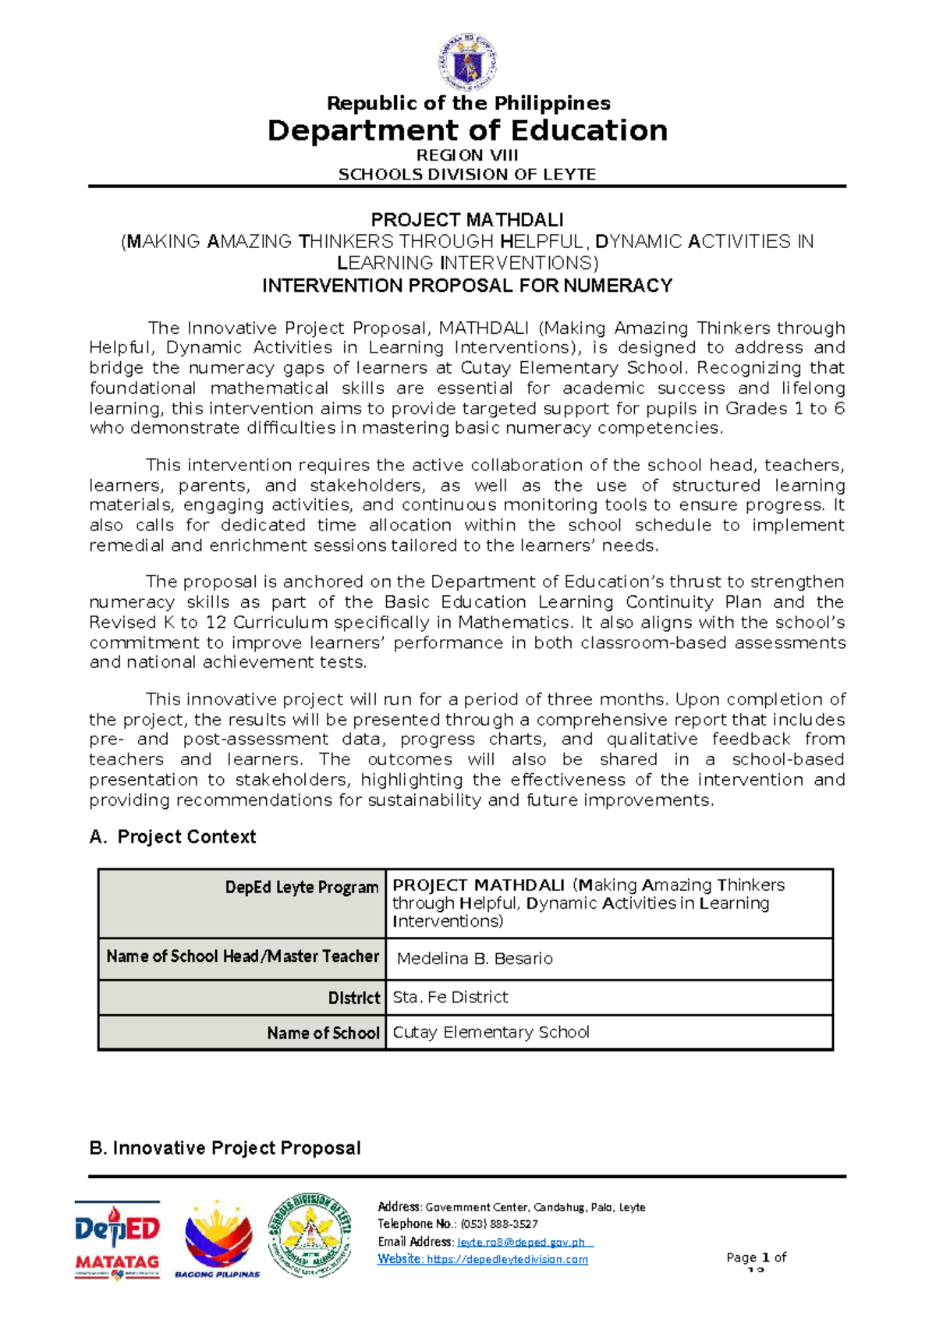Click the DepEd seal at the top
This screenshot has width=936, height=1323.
(x=467, y=62)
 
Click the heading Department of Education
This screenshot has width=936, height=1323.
(x=467, y=130)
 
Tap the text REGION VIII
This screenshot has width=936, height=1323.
(x=467, y=155)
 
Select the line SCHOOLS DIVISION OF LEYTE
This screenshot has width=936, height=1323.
(x=467, y=175)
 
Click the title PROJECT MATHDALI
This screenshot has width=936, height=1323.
(x=467, y=220)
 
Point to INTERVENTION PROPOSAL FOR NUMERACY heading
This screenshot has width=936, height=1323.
(x=467, y=286)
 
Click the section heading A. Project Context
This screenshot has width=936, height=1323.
(x=172, y=837)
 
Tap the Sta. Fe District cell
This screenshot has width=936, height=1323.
(x=450, y=997)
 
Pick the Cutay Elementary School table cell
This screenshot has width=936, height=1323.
(x=491, y=1032)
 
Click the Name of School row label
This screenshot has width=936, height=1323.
(x=322, y=1033)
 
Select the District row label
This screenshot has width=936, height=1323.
(x=353, y=998)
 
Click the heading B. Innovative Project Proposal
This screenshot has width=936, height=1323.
(x=225, y=1148)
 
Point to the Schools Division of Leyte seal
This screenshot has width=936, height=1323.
(x=309, y=1235)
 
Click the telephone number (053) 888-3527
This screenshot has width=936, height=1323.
(x=499, y=1224)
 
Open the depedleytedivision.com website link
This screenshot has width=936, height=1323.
(x=507, y=1259)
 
